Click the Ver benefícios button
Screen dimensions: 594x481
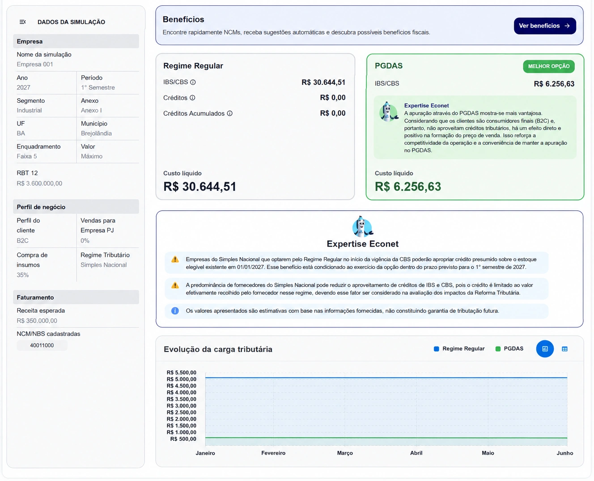[x=545, y=26]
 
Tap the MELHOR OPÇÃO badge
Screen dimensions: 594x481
[x=548, y=66]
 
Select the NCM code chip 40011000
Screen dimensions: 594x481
[x=42, y=345]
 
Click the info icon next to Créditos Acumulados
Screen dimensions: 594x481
[x=229, y=113]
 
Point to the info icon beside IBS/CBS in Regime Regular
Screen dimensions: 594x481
[x=193, y=82]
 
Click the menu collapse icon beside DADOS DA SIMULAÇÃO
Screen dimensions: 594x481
[x=23, y=22]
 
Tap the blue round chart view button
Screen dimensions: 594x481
[x=545, y=349]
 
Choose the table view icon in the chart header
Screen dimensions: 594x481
[x=564, y=349]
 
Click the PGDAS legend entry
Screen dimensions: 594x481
[x=509, y=348]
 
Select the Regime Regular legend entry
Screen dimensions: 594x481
[x=459, y=348]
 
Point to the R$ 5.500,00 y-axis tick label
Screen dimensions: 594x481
[x=182, y=372]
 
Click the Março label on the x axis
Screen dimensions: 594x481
[x=345, y=453]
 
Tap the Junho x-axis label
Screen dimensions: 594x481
[x=565, y=453]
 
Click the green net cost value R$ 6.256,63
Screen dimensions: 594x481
[x=408, y=187]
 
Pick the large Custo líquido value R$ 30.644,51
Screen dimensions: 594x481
[x=199, y=187]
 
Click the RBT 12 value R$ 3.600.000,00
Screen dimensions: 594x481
[x=39, y=184]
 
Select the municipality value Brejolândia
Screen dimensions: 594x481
[x=96, y=134]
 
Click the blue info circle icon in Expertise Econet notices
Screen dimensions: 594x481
[x=175, y=311]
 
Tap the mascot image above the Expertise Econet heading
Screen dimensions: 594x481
[x=363, y=226]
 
